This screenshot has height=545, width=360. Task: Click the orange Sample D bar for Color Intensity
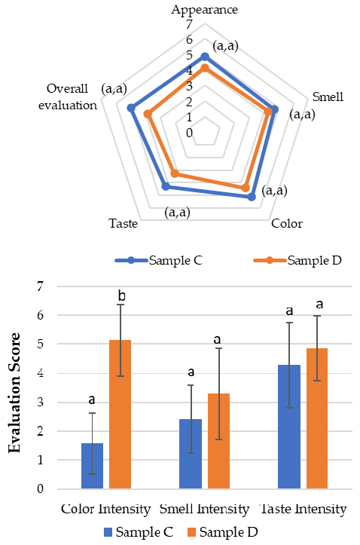pos(120,414)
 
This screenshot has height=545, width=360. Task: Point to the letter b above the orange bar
pos(121,289)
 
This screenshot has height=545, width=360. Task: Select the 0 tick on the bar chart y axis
pos(41,489)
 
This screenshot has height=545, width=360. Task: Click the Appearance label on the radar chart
pos(204,10)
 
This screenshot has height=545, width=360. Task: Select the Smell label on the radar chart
pos(328,96)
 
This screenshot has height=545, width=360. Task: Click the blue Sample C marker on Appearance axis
pos(205,57)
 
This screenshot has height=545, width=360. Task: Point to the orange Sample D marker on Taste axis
pos(175,173)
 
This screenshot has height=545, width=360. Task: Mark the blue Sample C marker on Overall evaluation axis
pos(131,108)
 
